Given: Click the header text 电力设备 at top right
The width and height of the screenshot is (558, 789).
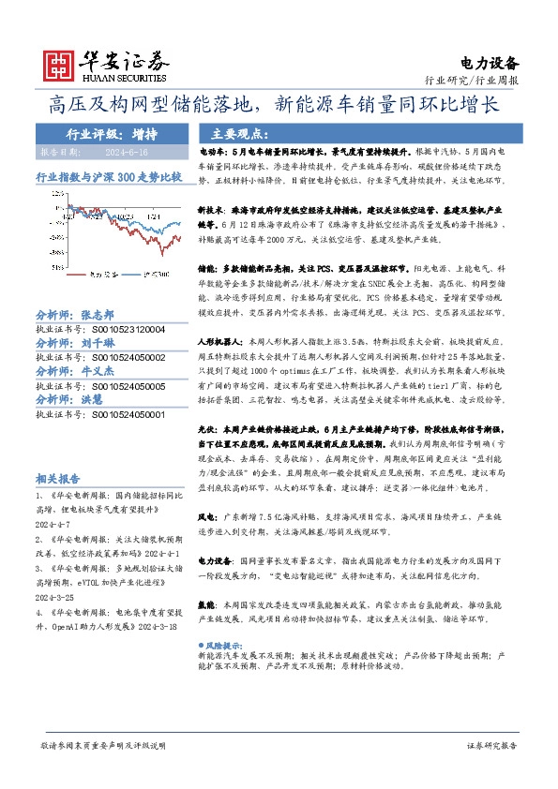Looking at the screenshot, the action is point(490,64).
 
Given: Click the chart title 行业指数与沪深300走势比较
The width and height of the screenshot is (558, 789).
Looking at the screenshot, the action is point(108,175).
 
